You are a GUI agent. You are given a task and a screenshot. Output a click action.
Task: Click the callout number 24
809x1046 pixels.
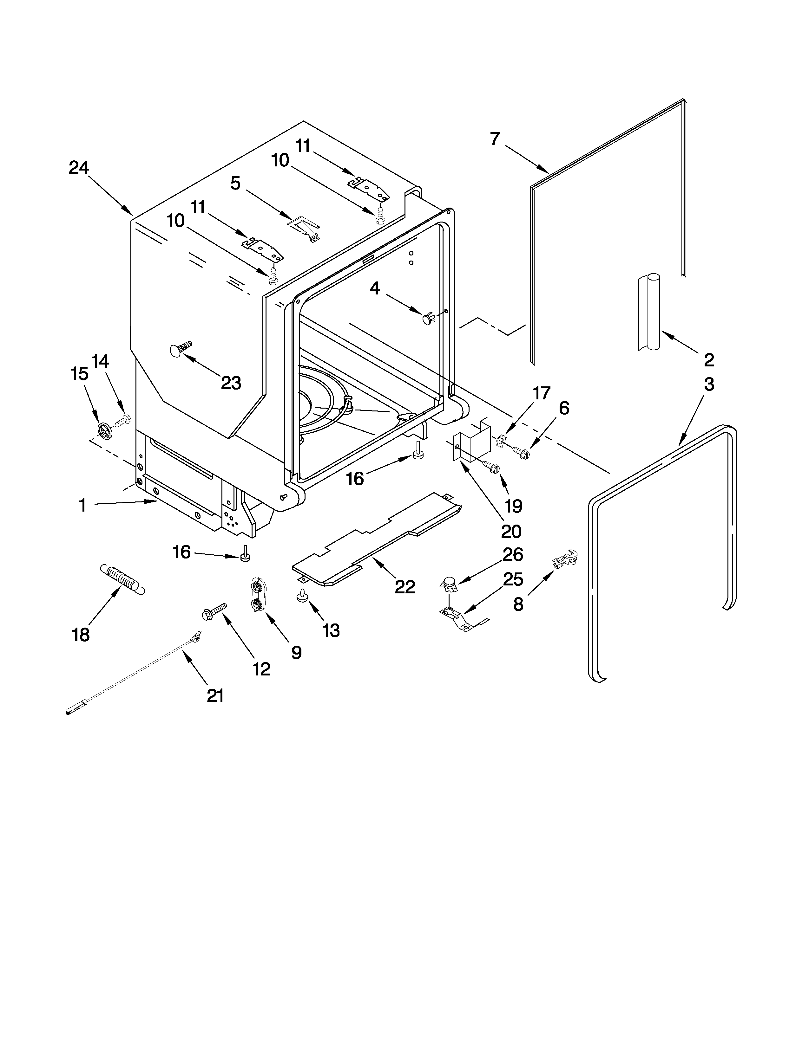79,168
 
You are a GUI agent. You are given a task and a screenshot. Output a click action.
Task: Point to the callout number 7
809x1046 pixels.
495,139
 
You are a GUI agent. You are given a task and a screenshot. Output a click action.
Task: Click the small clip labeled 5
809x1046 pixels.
304,225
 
